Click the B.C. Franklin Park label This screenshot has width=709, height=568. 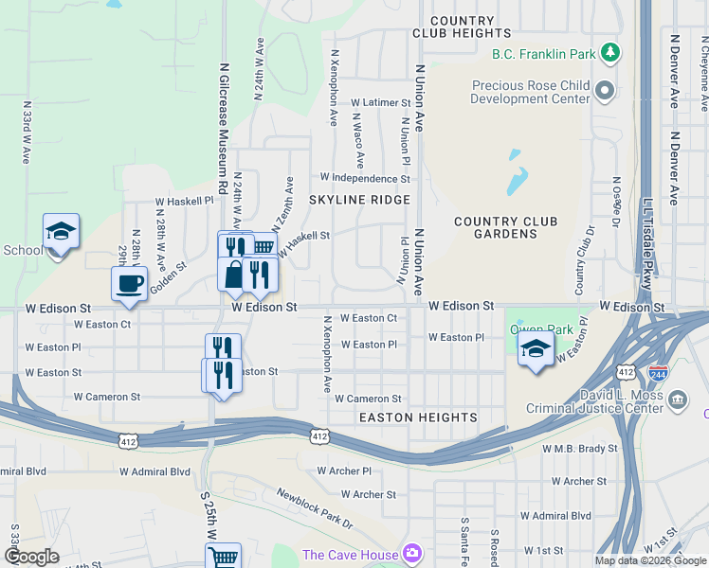coord(544,54)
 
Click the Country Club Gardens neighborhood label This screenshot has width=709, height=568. coord(505,227)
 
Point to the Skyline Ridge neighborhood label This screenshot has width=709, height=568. coord(359,200)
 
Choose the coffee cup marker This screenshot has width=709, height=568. coord(129,282)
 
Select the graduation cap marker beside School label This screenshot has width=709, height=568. coord(61,231)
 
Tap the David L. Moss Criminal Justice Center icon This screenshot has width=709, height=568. coord(679,399)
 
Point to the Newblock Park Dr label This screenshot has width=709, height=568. coord(315,508)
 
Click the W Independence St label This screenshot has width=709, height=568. coord(365,177)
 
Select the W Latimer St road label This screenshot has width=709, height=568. coord(380,102)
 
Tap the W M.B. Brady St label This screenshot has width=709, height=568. coord(579,448)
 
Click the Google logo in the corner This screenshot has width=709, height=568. coord(32,557)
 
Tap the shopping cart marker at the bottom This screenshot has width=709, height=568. coord(223,557)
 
